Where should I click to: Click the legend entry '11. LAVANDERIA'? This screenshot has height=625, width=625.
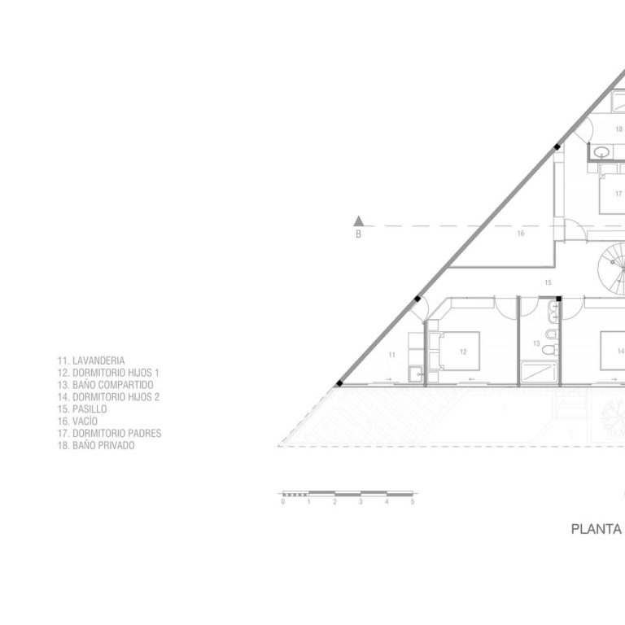pyautogui.click(x=91, y=361)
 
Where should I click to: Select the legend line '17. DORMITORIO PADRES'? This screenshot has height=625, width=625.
pyautogui.click(x=109, y=433)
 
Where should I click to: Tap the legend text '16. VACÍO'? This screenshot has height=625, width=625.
pyautogui.click(x=77, y=422)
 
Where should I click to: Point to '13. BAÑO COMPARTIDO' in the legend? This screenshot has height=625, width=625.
pyautogui.click(x=105, y=385)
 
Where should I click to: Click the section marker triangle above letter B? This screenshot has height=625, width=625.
pyautogui.click(x=358, y=221)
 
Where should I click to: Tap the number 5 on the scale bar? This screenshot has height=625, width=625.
pyautogui.click(x=413, y=502)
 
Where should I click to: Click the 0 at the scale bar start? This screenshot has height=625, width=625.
pyautogui.click(x=283, y=502)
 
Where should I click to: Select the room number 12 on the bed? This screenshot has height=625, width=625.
pyautogui.click(x=463, y=352)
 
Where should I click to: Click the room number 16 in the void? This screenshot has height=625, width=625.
pyautogui.click(x=521, y=234)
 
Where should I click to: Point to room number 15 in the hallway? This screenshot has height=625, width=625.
pyautogui.click(x=548, y=282)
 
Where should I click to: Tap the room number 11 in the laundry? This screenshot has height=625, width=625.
pyautogui.click(x=391, y=355)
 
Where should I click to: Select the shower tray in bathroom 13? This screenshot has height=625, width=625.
pyautogui.click(x=538, y=373)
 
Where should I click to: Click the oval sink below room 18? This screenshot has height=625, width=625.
pyautogui.click(x=601, y=152)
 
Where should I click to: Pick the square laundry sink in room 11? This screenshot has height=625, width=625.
pyautogui.click(x=416, y=374)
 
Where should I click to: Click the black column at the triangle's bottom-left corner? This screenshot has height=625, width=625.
pyautogui.click(x=339, y=383)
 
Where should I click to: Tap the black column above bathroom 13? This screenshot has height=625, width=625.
pyautogui.click(x=558, y=299)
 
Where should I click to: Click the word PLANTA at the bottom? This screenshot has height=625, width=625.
pyautogui.click(x=597, y=529)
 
